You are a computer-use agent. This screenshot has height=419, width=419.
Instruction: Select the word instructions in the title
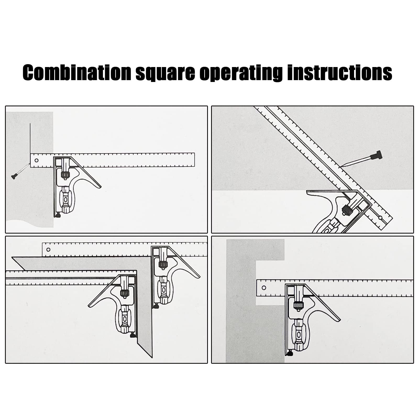click(339, 73)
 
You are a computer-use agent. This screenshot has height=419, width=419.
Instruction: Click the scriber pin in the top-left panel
click(20, 172)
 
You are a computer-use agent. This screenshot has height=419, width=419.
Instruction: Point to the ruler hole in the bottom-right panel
click(264, 288)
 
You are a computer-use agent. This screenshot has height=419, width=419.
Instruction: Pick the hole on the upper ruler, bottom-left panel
click(48, 249)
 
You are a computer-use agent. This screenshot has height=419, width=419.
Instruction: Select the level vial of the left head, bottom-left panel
click(124, 319)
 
